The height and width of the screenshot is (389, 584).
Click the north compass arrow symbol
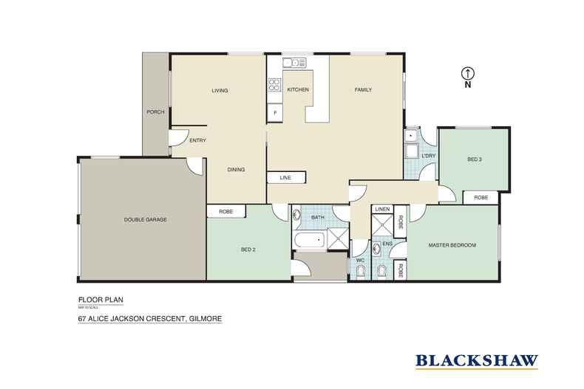coord(467,72)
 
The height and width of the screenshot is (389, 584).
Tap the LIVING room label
coord(220,91)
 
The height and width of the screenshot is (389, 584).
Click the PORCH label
coord(155,112)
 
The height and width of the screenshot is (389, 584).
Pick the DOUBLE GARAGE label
coord(146,220)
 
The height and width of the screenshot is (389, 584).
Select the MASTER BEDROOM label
coord(452,245)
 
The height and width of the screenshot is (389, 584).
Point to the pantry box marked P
coord(275,113)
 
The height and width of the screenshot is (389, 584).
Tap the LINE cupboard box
coord(285,178)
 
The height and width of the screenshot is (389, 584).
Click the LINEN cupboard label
coord(382,210)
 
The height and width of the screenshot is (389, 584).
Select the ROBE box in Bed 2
coord(226,212)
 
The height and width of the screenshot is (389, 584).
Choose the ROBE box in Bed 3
coord(481,198)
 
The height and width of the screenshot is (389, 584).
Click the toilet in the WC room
coord(360,273)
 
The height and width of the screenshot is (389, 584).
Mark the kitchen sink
coord(299,63)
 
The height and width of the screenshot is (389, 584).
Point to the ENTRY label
coord(197,140)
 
